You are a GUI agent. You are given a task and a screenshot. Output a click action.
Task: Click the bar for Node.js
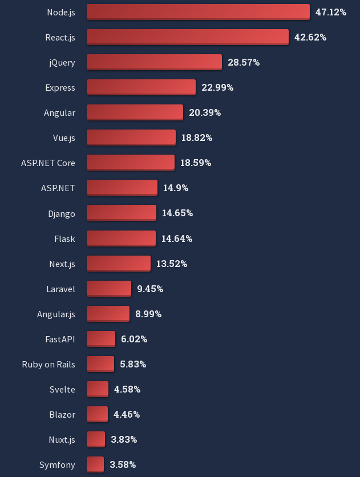point(198,12)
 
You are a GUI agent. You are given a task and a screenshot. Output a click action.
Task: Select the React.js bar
point(188,37)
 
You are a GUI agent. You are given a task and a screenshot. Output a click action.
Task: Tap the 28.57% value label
point(244,62)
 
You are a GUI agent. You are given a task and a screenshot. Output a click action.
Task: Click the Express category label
point(60,87)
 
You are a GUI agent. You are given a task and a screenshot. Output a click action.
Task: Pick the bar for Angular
point(135,112)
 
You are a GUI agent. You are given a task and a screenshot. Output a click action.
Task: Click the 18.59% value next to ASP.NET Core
point(196,163)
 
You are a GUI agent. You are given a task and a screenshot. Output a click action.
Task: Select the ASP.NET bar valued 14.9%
point(122,188)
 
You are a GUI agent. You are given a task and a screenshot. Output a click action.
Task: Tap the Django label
point(62,213)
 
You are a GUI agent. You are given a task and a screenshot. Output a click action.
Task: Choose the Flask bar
point(121,238)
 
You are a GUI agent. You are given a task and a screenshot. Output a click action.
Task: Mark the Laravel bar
point(109,289)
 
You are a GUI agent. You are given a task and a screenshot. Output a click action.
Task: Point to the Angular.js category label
point(56,314)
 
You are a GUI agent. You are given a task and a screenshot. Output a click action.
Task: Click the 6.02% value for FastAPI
point(134,339)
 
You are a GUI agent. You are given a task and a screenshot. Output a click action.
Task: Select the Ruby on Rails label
point(48,364)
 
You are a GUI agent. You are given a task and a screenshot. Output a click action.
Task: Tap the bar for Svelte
point(98,389)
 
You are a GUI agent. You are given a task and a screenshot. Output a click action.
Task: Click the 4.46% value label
point(127,414)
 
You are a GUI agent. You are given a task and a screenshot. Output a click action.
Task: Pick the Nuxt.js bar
point(96,439)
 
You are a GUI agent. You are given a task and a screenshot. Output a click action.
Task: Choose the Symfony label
point(57,464)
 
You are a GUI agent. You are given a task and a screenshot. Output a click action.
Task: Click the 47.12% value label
point(331,12)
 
